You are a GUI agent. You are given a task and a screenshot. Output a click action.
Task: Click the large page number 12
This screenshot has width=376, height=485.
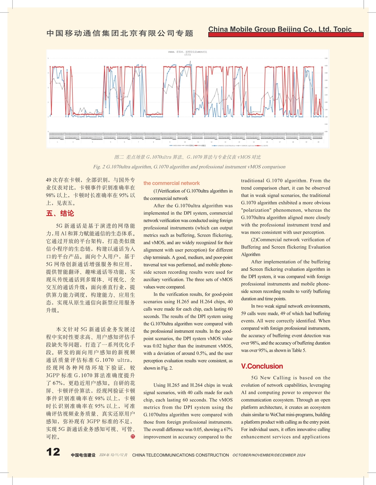coord(53,452)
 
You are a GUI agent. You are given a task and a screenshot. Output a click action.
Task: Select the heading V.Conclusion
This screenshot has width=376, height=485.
coord(262,366)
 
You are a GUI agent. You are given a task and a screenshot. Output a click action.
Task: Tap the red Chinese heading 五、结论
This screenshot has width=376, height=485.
coord(60,213)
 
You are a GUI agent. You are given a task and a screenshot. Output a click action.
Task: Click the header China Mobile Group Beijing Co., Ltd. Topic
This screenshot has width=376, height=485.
coord(280,29)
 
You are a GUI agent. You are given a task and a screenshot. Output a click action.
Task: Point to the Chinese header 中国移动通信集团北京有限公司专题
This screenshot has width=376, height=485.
coord(120,33)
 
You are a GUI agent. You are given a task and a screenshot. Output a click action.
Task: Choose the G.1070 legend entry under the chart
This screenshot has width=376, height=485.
coord(263,145)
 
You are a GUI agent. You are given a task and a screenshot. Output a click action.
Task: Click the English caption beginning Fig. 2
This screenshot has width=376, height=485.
coord(189,167)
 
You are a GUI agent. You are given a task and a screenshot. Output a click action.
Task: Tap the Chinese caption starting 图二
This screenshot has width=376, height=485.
coord(188,157)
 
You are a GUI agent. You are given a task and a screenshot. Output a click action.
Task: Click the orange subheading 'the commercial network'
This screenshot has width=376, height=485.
coord(171,183)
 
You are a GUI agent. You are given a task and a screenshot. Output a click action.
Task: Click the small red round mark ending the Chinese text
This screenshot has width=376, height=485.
coord(133,436)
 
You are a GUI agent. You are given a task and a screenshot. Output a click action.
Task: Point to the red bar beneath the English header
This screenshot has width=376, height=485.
coord(286,35)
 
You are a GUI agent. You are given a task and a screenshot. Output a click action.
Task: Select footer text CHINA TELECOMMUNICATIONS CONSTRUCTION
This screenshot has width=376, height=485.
coord(180,455)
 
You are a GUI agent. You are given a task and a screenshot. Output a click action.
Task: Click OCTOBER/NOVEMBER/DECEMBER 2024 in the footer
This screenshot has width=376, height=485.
coord(269,455)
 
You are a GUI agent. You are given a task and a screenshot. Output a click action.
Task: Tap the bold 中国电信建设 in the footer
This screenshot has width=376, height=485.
coord(83,455)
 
